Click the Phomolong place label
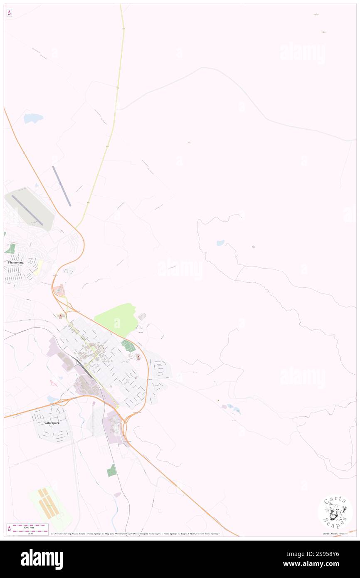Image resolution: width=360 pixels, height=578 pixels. (x=16, y=262)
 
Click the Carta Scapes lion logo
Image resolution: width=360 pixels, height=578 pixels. (x=335, y=511)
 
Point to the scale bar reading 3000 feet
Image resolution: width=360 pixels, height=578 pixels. (x=27, y=526)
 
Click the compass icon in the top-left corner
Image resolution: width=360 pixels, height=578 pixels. (x=9, y=13)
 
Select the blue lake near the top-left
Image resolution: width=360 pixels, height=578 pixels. (x=33, y=119)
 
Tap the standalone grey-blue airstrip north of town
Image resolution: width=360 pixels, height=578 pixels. (x=62, y=186)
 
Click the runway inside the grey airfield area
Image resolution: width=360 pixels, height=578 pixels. (x=27, y=210)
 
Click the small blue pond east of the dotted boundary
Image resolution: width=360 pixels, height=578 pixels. (x=220, y=243)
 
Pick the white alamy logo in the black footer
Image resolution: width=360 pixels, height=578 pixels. (x=42, y=559)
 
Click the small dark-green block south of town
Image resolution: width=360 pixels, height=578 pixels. (x=111, y=470)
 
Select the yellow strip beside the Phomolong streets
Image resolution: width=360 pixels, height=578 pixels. (x=38, y=267)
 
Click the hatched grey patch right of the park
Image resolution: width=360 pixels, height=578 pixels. (x=142, y=316)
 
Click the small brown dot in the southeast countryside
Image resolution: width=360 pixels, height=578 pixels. (x=218, y=400)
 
